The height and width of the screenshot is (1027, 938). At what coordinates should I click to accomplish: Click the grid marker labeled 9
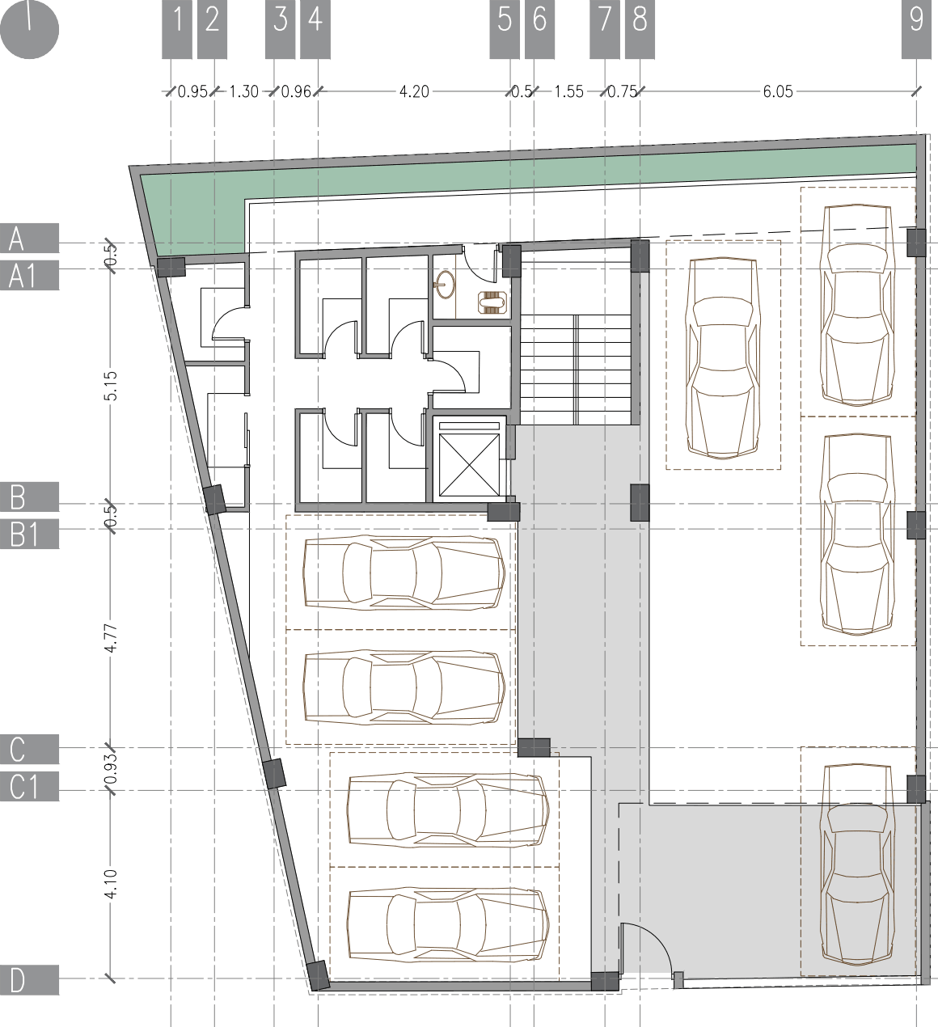point(916,29)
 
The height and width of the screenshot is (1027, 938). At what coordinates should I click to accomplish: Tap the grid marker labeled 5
point(505,29)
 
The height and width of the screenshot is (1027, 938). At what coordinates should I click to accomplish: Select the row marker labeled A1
point(29,276)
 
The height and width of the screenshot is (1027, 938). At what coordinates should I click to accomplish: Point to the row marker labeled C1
point(29,786)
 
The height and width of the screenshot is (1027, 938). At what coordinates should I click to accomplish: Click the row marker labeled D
point(29,981)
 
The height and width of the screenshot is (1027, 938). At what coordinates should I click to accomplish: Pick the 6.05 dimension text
point(777,91)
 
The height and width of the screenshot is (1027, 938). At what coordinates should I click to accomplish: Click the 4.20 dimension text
point(414,91)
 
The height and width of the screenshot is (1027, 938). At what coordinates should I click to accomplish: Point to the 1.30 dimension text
point(243,91)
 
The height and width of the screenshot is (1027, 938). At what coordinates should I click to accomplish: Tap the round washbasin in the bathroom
point(444,282)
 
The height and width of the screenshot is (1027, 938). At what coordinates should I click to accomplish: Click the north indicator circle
point(29,29)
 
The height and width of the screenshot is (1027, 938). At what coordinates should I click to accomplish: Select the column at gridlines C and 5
point(534,747)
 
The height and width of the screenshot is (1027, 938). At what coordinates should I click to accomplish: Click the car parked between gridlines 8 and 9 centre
point(722,357)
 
